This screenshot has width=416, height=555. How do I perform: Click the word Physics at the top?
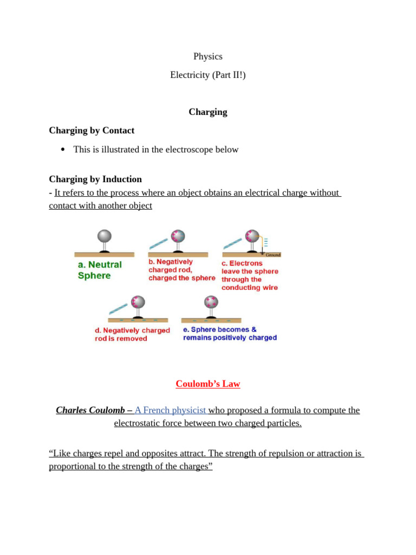pyautogui.click(x=208, y=56)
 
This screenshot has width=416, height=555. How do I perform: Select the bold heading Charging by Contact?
pyautogui.click(x=92, y=131)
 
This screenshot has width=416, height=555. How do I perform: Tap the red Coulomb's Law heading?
pyautogui.click(x=208, y=384)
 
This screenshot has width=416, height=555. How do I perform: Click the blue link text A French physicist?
pyautogui.click(x=170, y=410)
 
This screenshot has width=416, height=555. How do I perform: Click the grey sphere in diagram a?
pyautogui.click(x=104, y=236)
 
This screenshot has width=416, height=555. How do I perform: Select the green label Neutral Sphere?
pyautogui.click(x=100, y=270)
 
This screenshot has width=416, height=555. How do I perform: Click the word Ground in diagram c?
pyautogui.click(x=273, y=255)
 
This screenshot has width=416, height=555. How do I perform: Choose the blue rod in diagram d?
pyautogui.click(x=119, y=308)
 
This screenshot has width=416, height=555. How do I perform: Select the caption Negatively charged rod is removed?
pyautogui.click(x=132, y=334)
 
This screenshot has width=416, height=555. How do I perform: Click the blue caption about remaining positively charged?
pyautogui.click(x=230, y=333)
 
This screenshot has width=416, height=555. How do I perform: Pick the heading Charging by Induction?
pyautogui.click(x=95, y=179)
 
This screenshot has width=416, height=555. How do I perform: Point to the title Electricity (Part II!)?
pyautogui.click(x=208, y=75)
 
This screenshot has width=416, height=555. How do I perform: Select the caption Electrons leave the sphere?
pyautogui.click(x=250, y=275)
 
